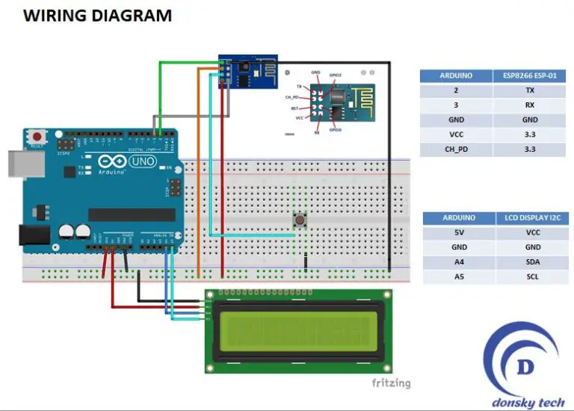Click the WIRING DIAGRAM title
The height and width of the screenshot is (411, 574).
click(98, 15)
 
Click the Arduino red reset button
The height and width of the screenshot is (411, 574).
click(35, 137)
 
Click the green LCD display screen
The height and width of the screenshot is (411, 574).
click(297, 331)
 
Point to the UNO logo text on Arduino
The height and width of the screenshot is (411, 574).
click(141, 161)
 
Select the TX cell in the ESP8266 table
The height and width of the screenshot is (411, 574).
click(529, 90)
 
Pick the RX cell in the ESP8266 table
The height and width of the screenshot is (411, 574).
click(529, 105)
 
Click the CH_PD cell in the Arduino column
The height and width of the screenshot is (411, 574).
click(456, 149)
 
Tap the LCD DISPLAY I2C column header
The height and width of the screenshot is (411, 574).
click(532, 218)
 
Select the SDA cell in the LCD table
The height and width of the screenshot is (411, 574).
click(532, 262)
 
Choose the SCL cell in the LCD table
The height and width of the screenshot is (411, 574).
click(532, 277)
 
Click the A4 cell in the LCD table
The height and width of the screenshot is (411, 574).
click(459, 262)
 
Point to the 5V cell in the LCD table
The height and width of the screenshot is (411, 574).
click(459, 232)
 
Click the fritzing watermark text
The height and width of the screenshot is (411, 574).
click(391, 383)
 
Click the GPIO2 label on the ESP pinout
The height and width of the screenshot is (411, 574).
click(336, 75)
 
